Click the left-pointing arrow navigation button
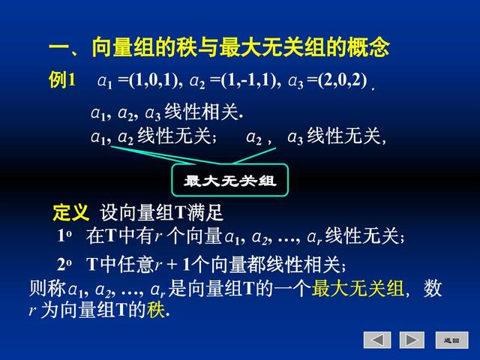pos(377,340)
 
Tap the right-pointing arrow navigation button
pos(412,340)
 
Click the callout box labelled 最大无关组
pos(230,180)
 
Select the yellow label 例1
pos(61,80)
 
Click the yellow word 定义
pos(70,211)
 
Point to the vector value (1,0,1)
pos(154,80)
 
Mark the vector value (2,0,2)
pos(342,80)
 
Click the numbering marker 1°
pos(64,235)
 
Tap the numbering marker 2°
pos(64,265)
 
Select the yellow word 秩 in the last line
pos(156,310)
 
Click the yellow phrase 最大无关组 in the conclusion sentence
pos(358,288)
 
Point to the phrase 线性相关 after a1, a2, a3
pos(201,112)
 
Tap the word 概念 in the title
pos(368,47)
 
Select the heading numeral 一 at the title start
pos(59,48)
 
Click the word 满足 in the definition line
pos(205,212)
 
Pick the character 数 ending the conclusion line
pos(432,288)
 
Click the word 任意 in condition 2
pos(136,265)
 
